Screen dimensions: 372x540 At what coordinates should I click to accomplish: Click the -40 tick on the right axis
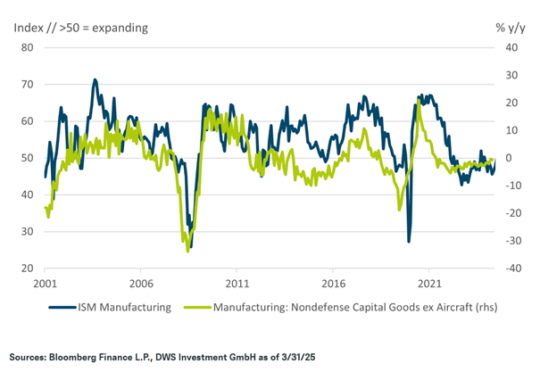tap(507, 269)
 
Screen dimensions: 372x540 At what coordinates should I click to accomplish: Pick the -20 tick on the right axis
tap(507, 213)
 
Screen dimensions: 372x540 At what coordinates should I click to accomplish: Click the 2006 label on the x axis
tap(141, 284)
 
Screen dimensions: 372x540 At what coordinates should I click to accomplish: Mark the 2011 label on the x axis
tap(237, 284)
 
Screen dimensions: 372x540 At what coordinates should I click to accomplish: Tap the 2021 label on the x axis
tap(428, 284)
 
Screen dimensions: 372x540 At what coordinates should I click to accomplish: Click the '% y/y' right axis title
tap(510, 27)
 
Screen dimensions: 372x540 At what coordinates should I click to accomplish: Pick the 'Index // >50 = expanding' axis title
tap(79, 27)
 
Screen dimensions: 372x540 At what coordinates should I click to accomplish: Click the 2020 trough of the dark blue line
tap(409, 241)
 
